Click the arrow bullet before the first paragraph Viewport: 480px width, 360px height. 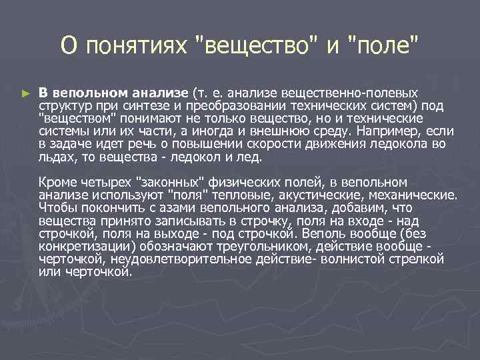pyautogui.click(x=25, y=94)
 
